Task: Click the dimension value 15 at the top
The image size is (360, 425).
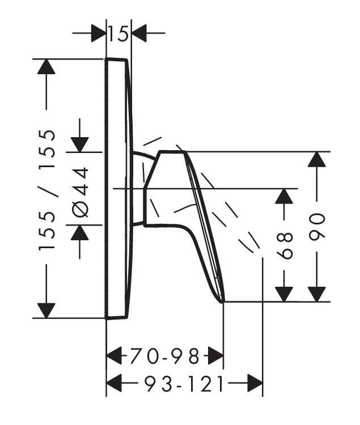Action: [x=118, y=34]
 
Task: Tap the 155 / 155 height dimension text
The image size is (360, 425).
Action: [x=47, y=190]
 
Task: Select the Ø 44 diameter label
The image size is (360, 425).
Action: [x=81, y=192]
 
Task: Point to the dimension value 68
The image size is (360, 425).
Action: [x=285, y=245]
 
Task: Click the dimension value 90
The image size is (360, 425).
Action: [x=317, y=227]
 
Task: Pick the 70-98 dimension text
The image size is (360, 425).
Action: [x=165, y=356]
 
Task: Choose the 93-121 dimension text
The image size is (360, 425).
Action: [x=184, y=383]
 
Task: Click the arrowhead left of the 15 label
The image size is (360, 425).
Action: [x=99, y=33]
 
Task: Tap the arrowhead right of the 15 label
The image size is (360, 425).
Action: [x=139, y=33]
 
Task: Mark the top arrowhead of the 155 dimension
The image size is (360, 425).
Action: [x=46, y=66]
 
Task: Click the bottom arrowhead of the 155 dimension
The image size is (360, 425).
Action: [x=46, y=311]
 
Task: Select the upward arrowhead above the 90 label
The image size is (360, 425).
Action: [x=317, y=159]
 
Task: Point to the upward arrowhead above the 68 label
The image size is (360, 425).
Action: [x=284, y=196]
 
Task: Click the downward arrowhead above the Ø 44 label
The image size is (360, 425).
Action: [x=80, y=144]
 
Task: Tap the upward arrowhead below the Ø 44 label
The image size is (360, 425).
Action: [x=80, y=232]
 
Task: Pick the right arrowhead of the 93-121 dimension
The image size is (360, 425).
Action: [x=255, y=383]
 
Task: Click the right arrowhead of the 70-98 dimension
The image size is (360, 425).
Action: [x=216, y=356]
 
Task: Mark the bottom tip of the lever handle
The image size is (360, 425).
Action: [x=223, y=302]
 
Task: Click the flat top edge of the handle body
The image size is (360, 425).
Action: [x=172, y=152]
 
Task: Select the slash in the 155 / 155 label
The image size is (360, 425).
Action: [x=48, y=190]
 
